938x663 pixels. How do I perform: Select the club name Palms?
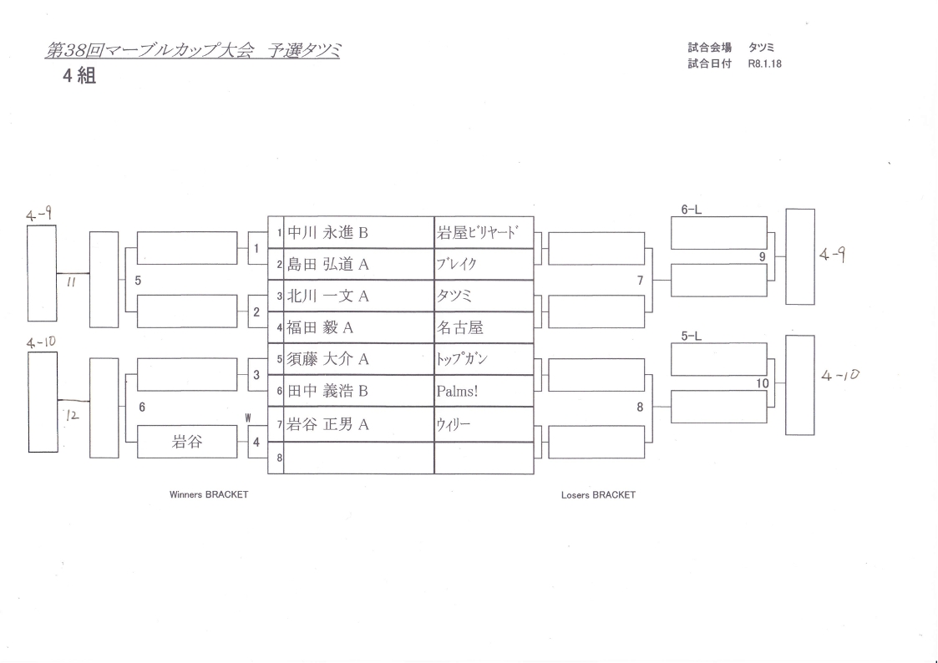click(x=457, y=391)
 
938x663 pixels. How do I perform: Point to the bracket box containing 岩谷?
click(x=187, y=443)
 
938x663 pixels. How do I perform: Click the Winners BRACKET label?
click(x=209, y=494)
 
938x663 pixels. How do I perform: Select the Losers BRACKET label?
click(x=598, y=494)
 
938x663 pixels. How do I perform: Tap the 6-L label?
click(x=691, y=210)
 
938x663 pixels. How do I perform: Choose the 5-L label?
click(x=691, y=337)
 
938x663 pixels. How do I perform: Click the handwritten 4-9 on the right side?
click(x=834, y=256)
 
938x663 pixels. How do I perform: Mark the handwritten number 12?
click(x=73, y=414)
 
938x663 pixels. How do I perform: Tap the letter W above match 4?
click(x=247, y=417)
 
